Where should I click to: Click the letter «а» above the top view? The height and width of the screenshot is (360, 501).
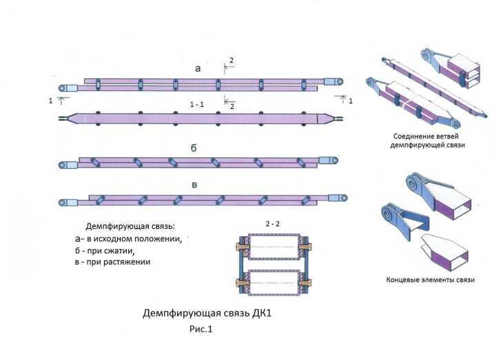point(198,68)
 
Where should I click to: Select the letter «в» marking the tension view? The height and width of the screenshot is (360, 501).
point(199,183)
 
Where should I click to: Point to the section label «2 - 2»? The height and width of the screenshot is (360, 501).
point(274,224)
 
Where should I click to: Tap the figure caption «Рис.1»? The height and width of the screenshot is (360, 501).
point(202,330)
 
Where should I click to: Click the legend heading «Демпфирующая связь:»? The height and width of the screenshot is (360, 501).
point(130,226)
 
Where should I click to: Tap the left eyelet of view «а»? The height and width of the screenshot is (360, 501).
point(62,88)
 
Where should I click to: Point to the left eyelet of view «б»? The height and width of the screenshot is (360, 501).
point(63,165)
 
